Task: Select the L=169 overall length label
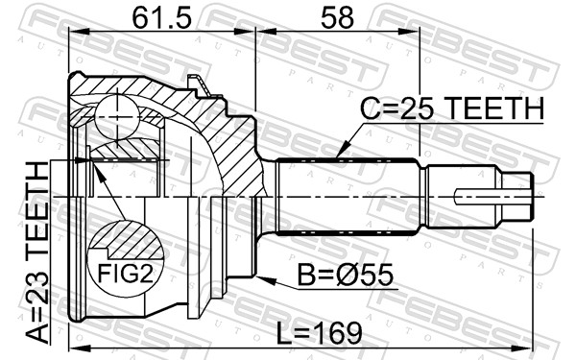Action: click(319, 334)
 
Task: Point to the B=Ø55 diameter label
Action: click(345, 276)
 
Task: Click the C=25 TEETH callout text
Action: click(451, 108)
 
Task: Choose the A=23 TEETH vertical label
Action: click(37, 252)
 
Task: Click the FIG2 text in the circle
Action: click(125, 274)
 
